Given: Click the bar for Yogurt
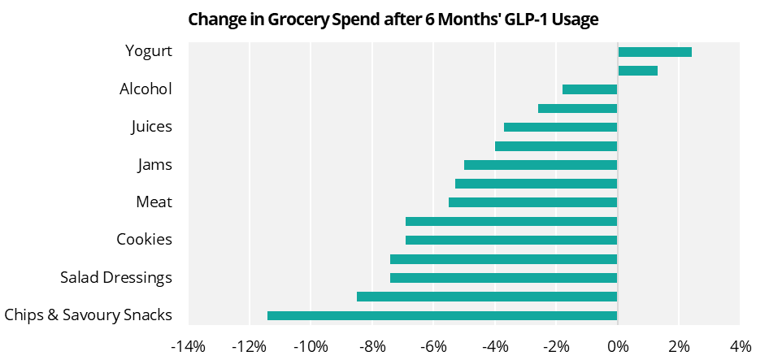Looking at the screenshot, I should coord(654,52).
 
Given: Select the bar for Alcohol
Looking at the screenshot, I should coord(589,89).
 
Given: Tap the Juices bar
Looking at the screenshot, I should coord(560,128).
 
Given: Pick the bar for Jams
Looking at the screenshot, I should coord(541,165).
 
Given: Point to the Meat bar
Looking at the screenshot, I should coord(532,202).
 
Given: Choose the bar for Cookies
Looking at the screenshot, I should coord(511,241).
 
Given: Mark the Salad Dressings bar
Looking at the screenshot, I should coord(503,278).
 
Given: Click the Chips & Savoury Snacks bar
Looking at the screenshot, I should coord(442,316).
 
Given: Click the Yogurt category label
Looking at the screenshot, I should coord(149,51).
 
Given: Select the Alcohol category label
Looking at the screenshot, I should coord(146,89).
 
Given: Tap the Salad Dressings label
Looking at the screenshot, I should coord(116,278).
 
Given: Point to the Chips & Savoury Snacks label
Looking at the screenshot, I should coord(88,315).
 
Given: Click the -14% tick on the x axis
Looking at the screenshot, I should coord(188,347).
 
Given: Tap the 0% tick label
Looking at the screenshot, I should coord(618,347).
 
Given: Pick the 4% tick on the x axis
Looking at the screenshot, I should coord(741,347).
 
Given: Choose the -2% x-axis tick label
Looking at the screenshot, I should coord(556,347).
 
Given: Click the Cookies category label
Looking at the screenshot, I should coord(144,240).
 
